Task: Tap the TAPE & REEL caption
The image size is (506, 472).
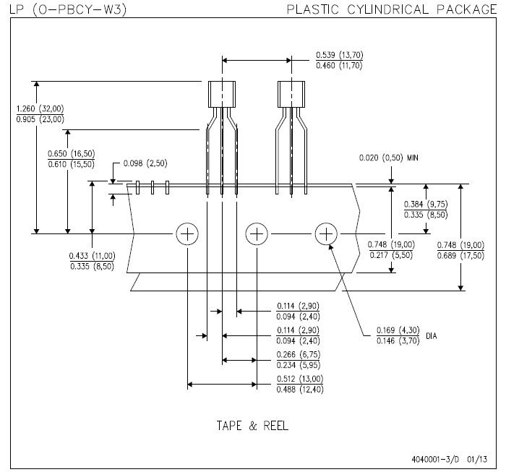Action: click(x=252, y=426)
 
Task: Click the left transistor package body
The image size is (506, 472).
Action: click(x=222, y=93)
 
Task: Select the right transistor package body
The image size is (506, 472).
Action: click(x=291, y=93)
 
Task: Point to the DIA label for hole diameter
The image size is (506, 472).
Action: click(x=432, y=336)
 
